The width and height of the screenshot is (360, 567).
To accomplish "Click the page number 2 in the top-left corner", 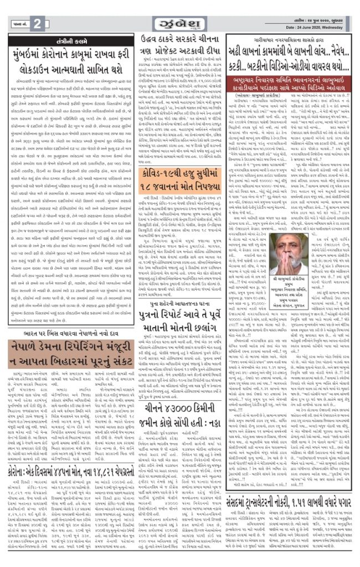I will (x=37, y=23).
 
